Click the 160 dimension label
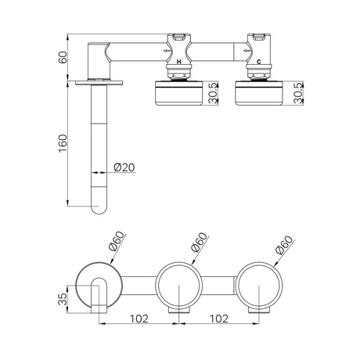pyautogui.click(x=63, y=143)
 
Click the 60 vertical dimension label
pyautogui.click(x=63, y=57)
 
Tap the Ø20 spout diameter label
pyautogui.click(x=124, y=167)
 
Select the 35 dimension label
pyautogui.click(x=63, y=299)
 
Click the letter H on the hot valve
pyautogui.click(x=178, y=62)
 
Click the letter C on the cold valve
pyautogui.click(x=259, y=62)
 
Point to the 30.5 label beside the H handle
pyautogui.click(x=214, y=93)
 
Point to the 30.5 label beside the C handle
pyautogui.click(x=298, y=93)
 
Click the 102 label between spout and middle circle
pyautogui.click(x=139, y=319)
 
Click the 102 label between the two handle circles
pyautogui.click(x=219, y=319)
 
